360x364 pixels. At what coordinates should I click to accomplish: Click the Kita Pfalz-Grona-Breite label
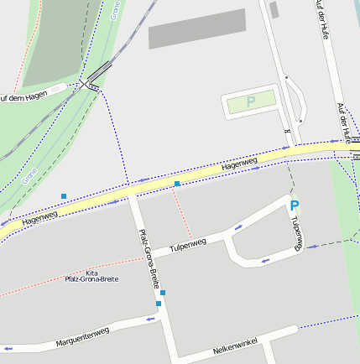(91, 276)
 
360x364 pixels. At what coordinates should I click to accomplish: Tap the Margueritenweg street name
(82, 337)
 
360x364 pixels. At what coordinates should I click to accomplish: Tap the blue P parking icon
(294, 205)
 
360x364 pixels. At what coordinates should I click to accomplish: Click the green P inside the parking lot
(250, 101)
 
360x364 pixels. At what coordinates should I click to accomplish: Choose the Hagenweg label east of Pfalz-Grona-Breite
(240, 165)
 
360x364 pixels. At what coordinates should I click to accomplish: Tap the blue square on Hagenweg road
(177, 183)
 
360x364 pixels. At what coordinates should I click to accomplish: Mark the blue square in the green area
(64, 196)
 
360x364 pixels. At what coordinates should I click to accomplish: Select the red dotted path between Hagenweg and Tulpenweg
(181, 214)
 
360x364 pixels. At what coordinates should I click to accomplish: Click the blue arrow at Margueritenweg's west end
(8, 347)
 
